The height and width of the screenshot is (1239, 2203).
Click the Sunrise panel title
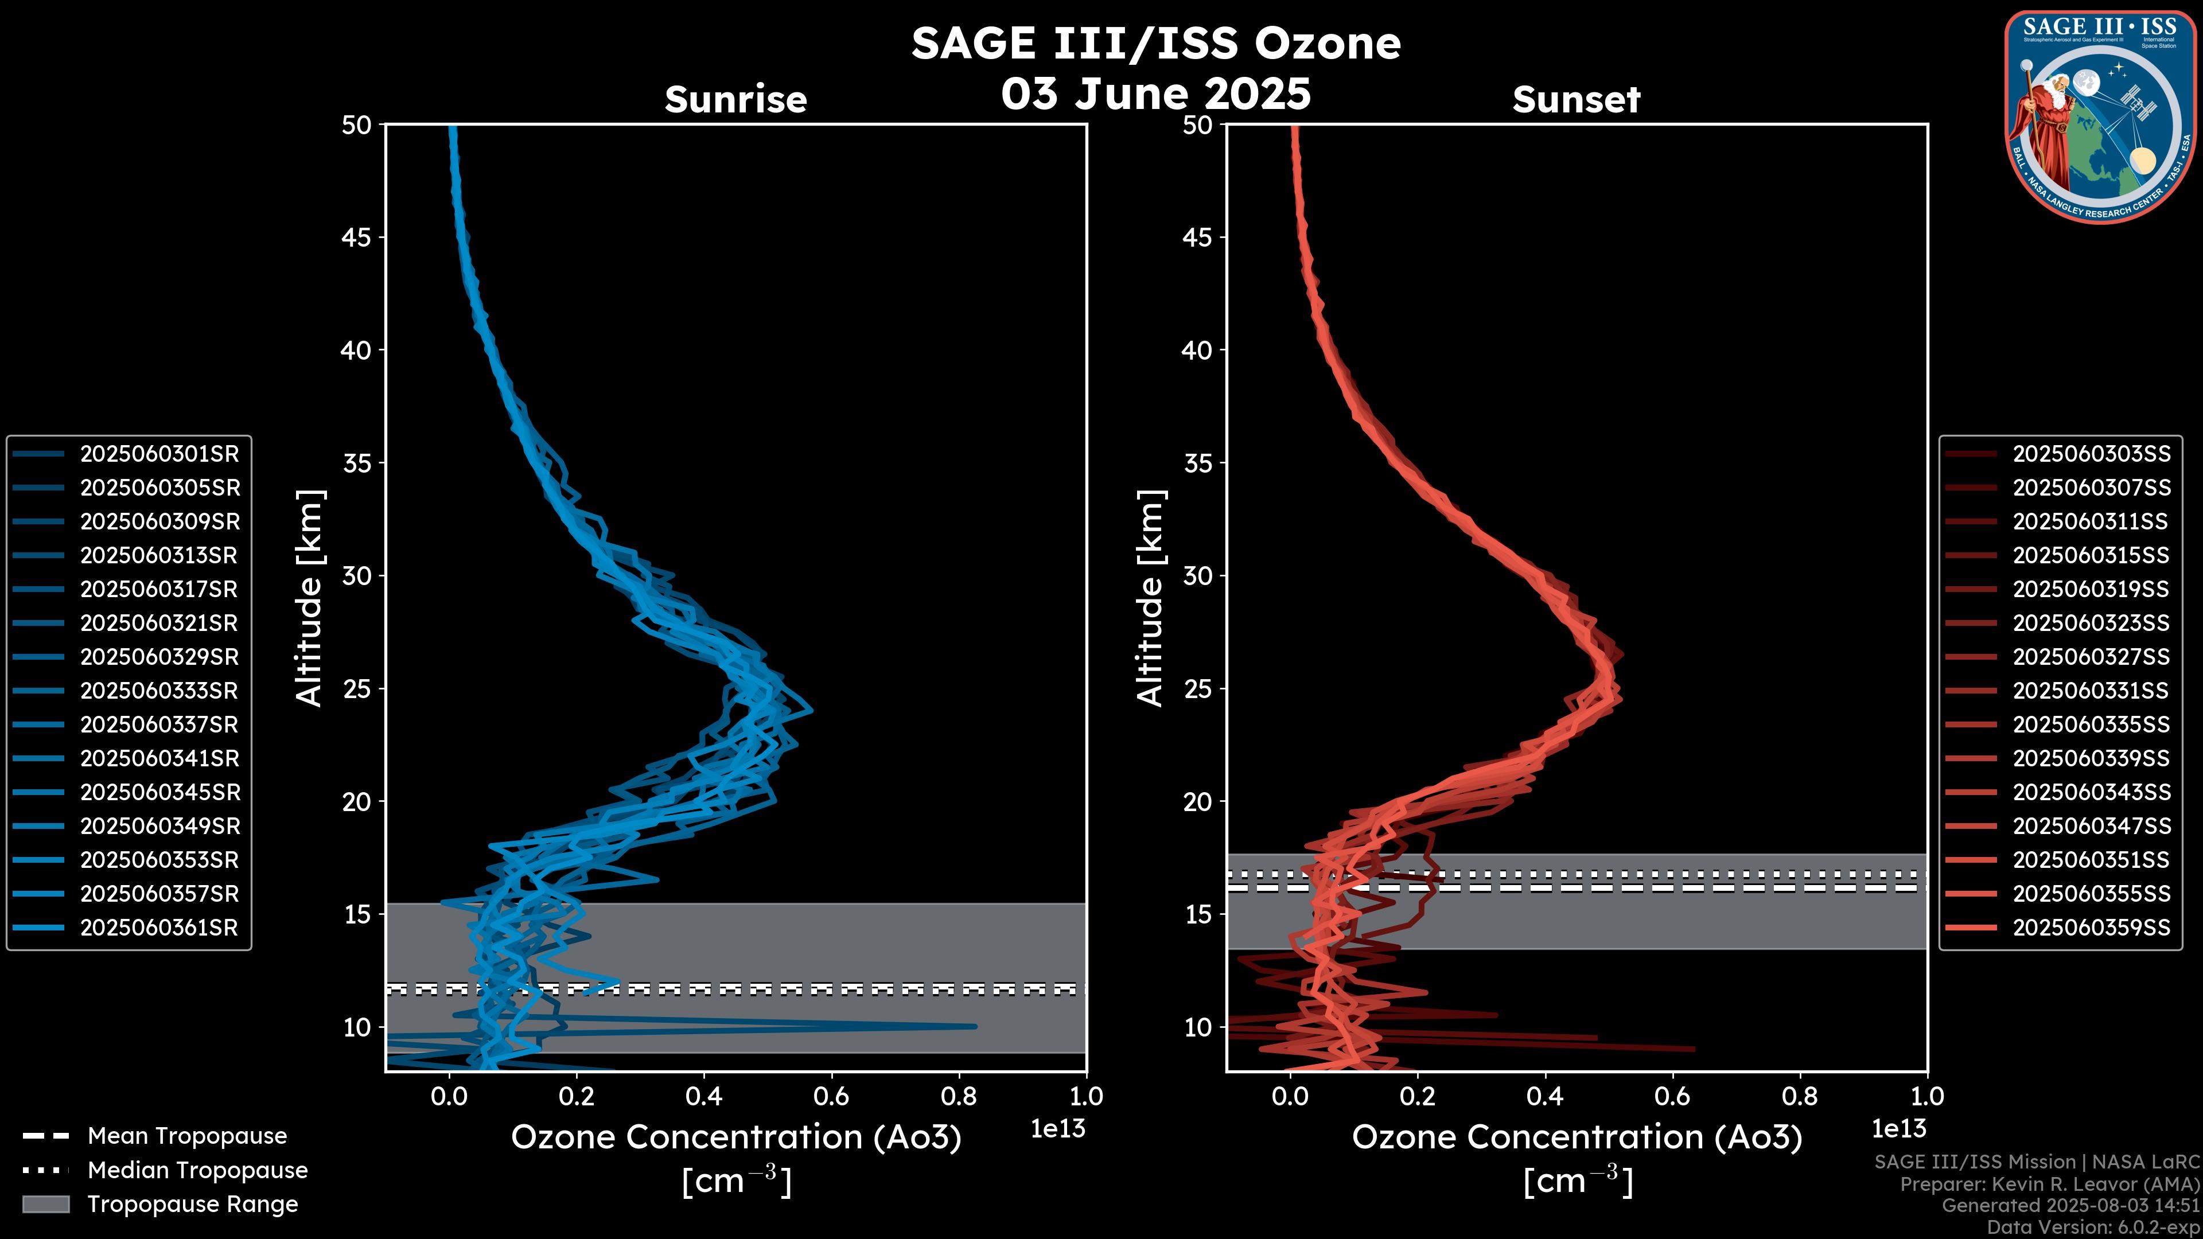(735, 100)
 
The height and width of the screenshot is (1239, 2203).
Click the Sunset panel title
(1576, 100)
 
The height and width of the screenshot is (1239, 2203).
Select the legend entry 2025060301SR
(159, 454)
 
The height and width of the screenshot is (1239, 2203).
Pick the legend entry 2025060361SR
(159, 928)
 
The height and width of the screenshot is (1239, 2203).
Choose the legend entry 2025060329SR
(159, 657)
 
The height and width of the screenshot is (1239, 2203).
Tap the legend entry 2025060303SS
(2091, 454)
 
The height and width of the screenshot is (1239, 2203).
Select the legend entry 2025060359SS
(2091, 928)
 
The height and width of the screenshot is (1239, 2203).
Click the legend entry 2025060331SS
(2091, 691)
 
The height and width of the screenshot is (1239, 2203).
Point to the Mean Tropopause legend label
(187, 1136)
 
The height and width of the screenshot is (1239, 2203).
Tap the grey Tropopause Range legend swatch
(45, 1204)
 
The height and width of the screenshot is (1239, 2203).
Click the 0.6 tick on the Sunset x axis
(1672, 1096)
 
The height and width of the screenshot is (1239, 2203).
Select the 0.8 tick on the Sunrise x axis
(959, 1096)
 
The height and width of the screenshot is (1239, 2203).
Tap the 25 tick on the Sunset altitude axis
(1198, 689)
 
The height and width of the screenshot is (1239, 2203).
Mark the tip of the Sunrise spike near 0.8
(975, 1026)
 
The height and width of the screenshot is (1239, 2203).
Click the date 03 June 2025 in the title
(1155, 94)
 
